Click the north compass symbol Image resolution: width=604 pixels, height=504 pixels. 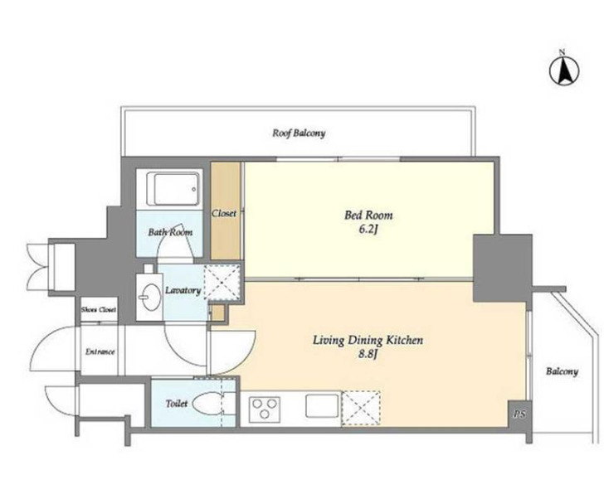click(x=564, y=70)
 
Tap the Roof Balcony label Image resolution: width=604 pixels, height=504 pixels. click(x=299, y=133)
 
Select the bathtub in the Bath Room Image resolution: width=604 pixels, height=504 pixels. click(x=176, y=189)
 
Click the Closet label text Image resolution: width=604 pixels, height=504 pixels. click(x=224, y=213)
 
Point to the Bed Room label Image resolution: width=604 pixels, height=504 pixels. click(x=368, y=215)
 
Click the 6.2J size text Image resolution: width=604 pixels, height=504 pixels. click(x=368, y=230)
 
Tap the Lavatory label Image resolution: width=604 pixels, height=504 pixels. click(x=183, y=290)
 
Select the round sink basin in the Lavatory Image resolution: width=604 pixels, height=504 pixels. click(x=151, y=296)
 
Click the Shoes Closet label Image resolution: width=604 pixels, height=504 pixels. click(x=99, y=309)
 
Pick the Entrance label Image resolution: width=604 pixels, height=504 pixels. click(x=100, y=351)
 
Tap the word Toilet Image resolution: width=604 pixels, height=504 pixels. click(x=177, y=404)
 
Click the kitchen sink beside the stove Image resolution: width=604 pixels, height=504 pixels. click(x=322, y=405)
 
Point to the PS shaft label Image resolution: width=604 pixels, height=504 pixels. click(x=519, y=414)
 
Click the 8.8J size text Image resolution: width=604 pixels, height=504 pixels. click(x=367, y=354)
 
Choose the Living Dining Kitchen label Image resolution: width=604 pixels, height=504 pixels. click(x=368, y=340)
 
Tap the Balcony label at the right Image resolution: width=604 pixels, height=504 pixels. click(x=562, y=371)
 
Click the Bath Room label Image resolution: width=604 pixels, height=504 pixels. click(x=170, y=232)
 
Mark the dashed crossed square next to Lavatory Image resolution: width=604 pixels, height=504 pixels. click(x=222, y=283)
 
